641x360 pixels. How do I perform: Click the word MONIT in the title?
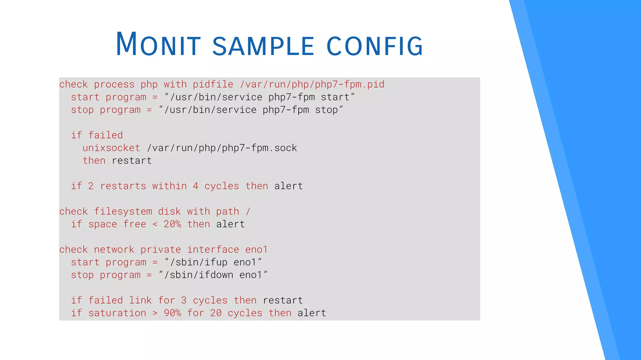click(158, 44)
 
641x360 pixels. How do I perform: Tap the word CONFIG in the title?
click(375, 46)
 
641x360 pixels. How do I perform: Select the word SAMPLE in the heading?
click(263, 46)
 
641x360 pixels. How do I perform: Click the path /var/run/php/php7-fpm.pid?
click(312, 85)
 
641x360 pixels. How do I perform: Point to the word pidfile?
click(213, 85)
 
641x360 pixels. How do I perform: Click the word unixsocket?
click(111, 148)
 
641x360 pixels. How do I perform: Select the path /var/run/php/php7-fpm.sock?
click(222, 148)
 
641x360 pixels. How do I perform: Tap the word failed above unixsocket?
click(105, 135)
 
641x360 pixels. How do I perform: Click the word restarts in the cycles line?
click(123, 186)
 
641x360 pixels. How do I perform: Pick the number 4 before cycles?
click(196, 186)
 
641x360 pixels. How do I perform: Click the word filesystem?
click(123, 211)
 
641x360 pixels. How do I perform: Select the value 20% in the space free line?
click(172, 224)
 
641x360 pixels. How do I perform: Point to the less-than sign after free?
click(155, 224)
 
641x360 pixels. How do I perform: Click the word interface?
click(213, 249)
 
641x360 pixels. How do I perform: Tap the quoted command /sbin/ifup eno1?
click(213, 262)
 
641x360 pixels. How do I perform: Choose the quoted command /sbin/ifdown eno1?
click(213, 275)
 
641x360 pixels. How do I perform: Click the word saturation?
click(117, 313)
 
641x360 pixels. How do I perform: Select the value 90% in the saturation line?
click(172, 313)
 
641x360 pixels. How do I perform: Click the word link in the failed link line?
click(140, 300)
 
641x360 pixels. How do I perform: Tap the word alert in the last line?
click(312, 313)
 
